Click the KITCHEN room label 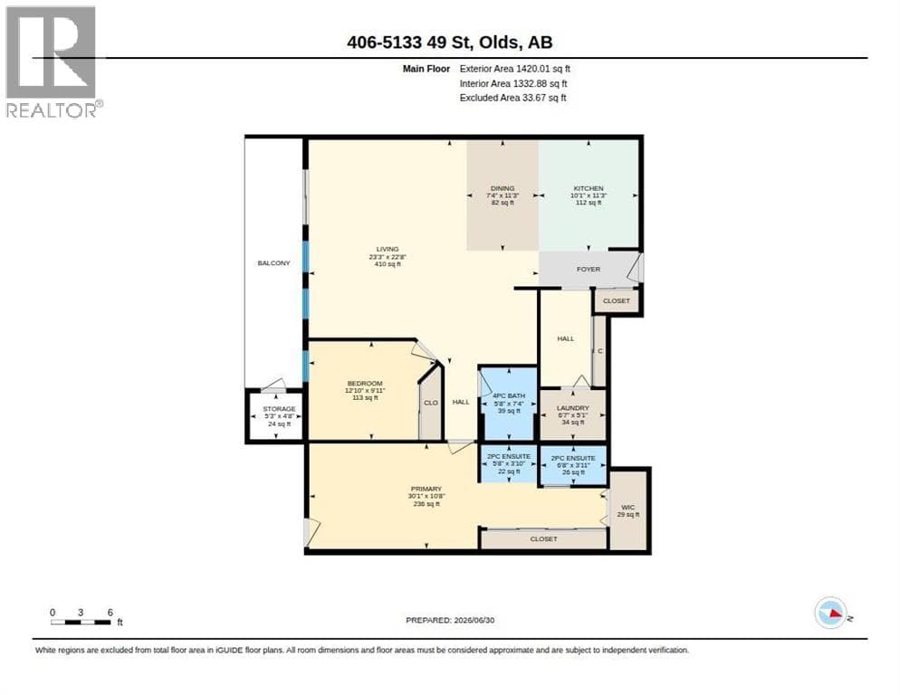[x=589, y=188]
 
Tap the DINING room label [x=503, y=188]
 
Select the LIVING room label [x=388, y=249]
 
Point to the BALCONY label [x=273, y=262]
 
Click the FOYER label [x=589, y=269]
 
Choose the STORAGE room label [x=279, y=409]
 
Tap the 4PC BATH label [x=509, y=395]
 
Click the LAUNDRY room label [x=573, y=407]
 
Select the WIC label [x=628, y=508]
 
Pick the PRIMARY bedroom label [x=426, y=489]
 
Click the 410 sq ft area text [x=388, y=264]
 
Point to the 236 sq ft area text [x=426, y=504]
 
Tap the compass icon [x=830, y=613]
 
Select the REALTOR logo [x=53, y=62]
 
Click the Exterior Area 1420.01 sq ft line [x=515, y=69]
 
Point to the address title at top [x=450, y=42]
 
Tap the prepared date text [x=450, y=620]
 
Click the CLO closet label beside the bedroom [x=430, y=403]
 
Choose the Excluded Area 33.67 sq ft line [x=513, y=98]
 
